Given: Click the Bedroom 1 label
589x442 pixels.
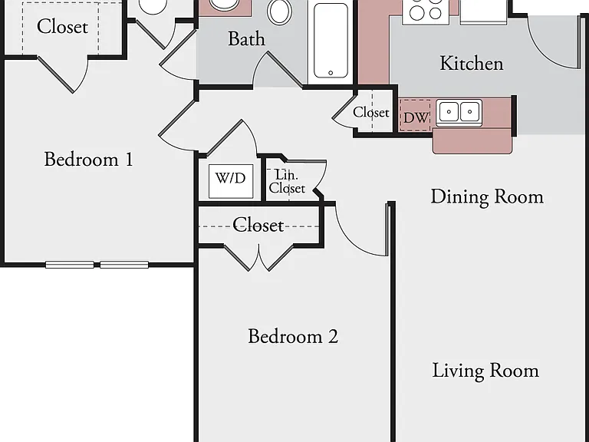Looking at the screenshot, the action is [x=89, y=160].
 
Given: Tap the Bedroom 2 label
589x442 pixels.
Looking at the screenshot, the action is [x=293, y=336].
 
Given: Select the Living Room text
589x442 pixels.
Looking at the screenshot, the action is [x=485, y=371].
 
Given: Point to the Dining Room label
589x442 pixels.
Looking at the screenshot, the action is [x=487, y=197].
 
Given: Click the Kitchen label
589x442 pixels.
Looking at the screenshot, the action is [x=472, y=63].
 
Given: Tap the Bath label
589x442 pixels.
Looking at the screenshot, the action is [x=246, y=38].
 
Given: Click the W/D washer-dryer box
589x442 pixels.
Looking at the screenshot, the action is [x=231, y=181].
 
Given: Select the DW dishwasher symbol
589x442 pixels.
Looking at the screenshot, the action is [x=415, y=116].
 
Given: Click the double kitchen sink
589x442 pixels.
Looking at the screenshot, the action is [x=459, y=112].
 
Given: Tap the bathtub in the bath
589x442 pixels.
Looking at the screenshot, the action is [x=331, y=41].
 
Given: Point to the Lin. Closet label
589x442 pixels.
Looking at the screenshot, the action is [x=287, y=181].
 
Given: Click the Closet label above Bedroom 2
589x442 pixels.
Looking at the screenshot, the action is [x=258, y=225].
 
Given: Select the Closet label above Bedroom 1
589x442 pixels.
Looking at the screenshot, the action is [x=62, y=27].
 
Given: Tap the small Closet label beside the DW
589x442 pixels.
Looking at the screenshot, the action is [x=370, y=112].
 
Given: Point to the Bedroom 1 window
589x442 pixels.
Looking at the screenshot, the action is [x=97, y=265].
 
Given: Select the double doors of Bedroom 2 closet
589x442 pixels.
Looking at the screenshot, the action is [x=258, y=258].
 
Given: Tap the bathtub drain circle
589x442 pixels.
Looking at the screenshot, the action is [x=331, y=73].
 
